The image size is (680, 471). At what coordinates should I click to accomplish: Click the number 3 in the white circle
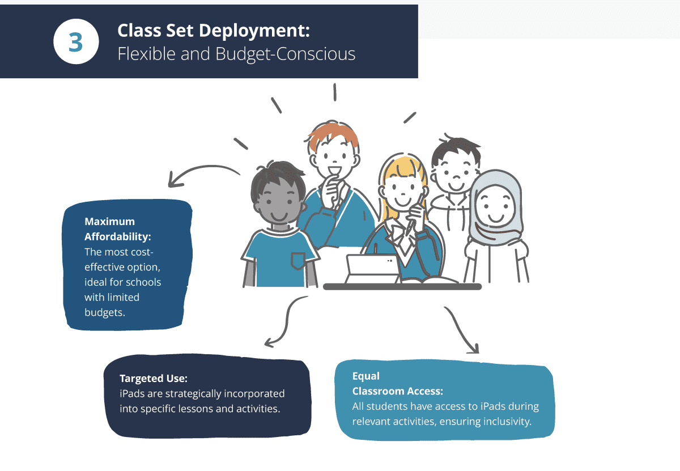pyautogui.click(x=75, y=42)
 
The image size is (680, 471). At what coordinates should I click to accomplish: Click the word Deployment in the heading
pyautogui.click(x=254, y=31)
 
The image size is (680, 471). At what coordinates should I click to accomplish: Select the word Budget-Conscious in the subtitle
pyautogui.click(x=286, y=54)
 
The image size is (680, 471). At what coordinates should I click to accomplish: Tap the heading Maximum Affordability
pyautogui.click(x=118, y=229)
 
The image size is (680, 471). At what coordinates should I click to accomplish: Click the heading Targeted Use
pyautogui.click(x=154, y=379)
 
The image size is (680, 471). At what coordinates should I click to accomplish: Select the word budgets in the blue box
pyautogui.click(x=105, y=312)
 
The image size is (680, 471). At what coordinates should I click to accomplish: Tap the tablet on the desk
pyautogui.click(x=372, y=269)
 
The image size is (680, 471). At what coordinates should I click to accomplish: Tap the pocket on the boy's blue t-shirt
pyautogui.click(x=298, y=261)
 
